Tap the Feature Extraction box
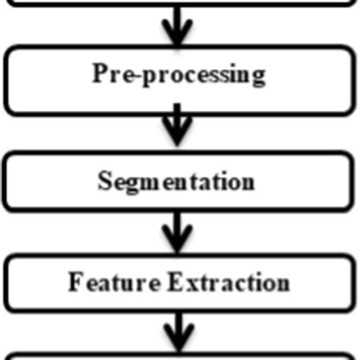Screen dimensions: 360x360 179,283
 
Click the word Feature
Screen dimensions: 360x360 114,283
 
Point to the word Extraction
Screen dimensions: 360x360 228,283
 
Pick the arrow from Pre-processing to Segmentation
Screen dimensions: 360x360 177,126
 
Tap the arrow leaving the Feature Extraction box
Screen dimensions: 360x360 177,333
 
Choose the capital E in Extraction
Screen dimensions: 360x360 174,283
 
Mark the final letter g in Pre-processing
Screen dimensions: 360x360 258,77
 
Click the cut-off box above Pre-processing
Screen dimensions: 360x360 179,4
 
